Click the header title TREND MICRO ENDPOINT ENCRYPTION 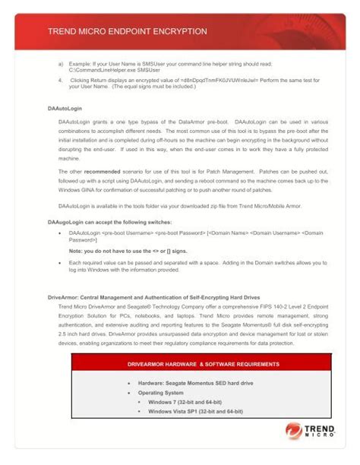(127, 32)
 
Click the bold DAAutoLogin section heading (65, 109)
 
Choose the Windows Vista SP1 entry (195, 411)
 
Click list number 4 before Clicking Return (59, 79)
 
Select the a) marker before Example (61, 63)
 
